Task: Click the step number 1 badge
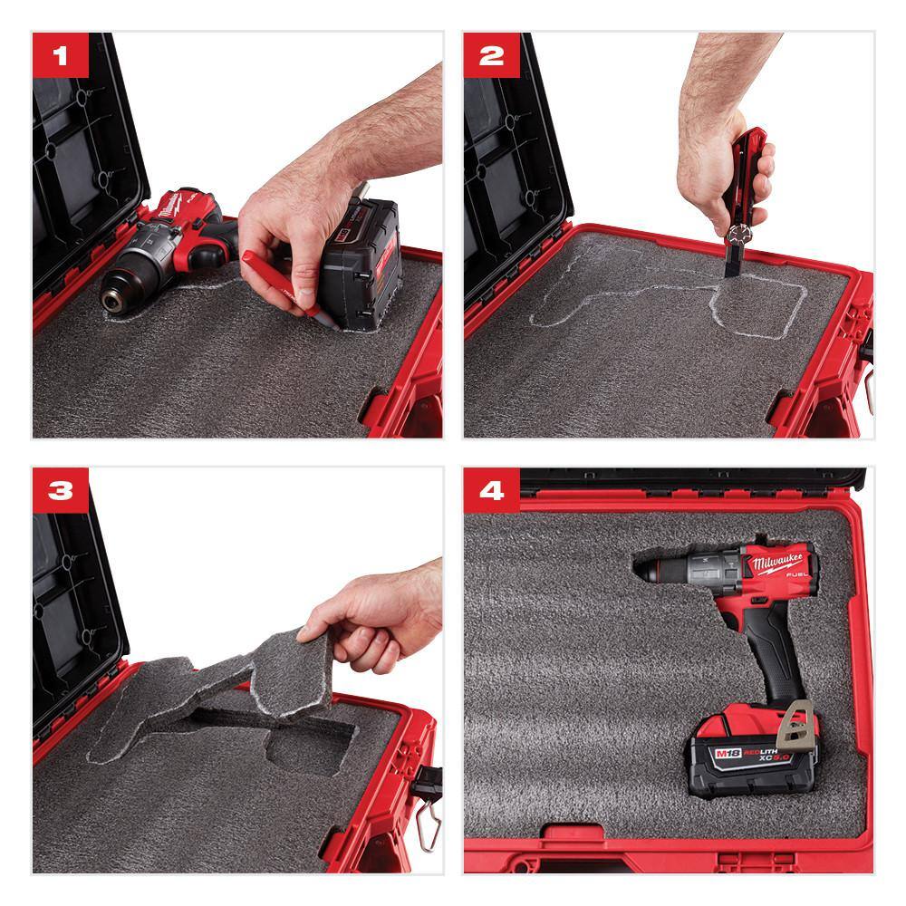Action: (x=61, y=57)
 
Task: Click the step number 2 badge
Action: (x=492, y=57)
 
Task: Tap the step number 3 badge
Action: (x=61, y=491)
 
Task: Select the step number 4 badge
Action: (x=492, y=491)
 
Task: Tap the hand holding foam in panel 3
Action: (x=376, y=616)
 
